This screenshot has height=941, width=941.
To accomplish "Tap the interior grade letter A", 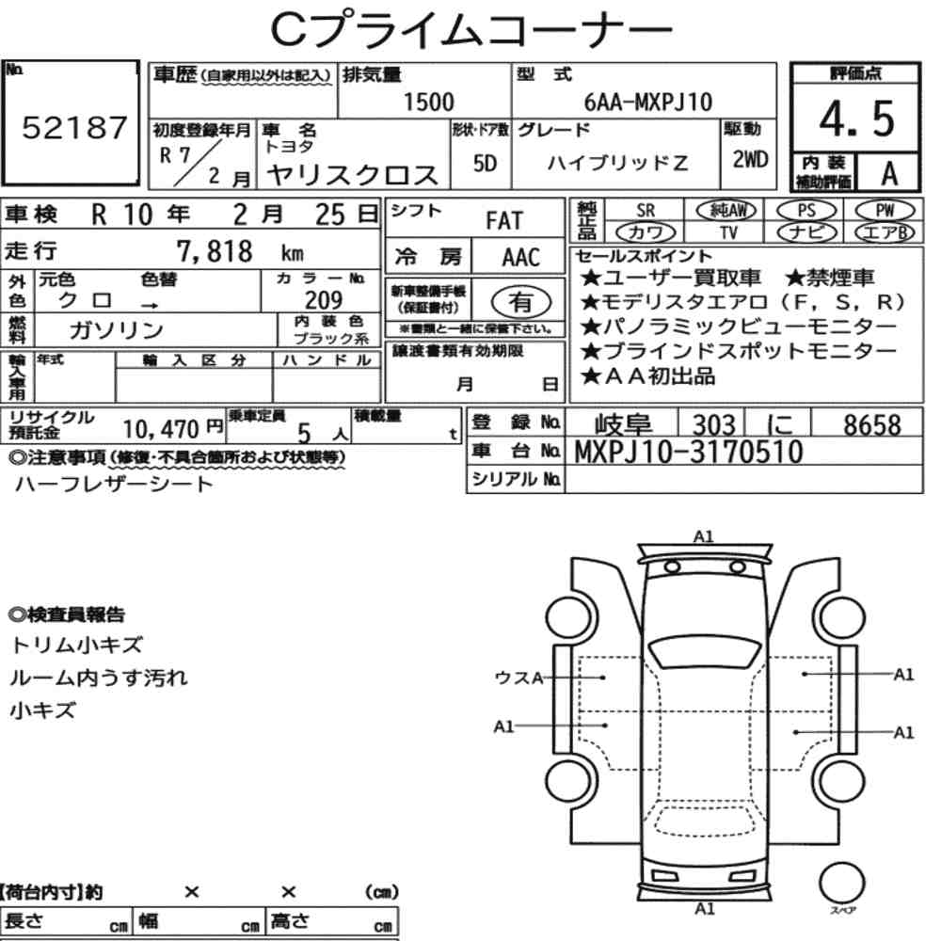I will tap(887, 172).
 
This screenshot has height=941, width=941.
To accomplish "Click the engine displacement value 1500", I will tap(428, 102).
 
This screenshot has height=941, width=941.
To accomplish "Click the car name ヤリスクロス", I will tap(353, 174).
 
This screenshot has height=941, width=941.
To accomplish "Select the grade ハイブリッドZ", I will tap(618, 163).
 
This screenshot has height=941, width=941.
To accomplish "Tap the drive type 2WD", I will tap(750, 159).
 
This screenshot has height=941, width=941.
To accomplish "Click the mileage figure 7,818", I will tap(215, 251).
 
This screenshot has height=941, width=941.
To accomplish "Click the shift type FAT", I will tap(503, 221).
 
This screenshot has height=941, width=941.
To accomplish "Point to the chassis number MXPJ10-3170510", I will tap(689, 453).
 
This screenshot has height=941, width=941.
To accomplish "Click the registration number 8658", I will tap(871, 424).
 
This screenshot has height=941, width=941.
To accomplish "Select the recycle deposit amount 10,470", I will tap(161, 429).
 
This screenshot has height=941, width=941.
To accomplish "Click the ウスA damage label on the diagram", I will tap(518, 677).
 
